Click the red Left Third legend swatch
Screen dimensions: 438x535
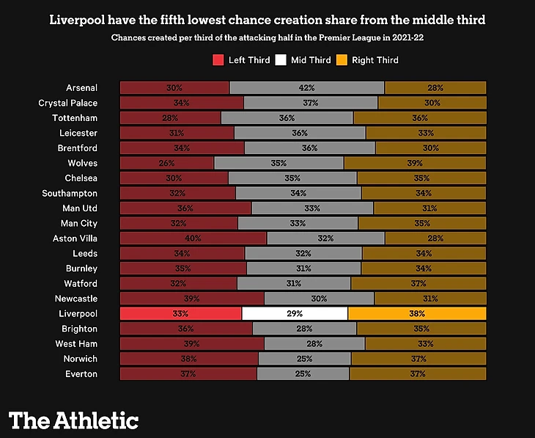tap(218, 60)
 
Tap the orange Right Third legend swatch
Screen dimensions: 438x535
tap(341, 60)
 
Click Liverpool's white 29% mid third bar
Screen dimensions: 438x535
tap(295, 313)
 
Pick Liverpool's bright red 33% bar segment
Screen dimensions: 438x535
tap(180, 313)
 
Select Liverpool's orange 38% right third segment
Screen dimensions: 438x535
tap(417, 313)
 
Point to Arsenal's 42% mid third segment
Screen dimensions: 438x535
tap(307, 88)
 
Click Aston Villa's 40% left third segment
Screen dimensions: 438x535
tap(193, 238)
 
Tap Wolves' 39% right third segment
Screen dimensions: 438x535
tap(415, 163)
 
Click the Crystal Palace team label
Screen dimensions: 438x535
tap(67, 103)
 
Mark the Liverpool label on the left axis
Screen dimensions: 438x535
tap(77, 313)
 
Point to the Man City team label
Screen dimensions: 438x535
tap(78, 223)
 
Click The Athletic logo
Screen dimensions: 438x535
tap(73, 420)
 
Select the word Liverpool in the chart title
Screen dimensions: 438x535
tap(81, 19)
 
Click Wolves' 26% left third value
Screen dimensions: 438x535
tap(166, 163)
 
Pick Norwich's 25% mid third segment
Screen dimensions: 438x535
tap(304, 359)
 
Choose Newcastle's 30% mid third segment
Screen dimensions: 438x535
tap(319, 299)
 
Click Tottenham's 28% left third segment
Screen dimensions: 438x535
tap(170, 118)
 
